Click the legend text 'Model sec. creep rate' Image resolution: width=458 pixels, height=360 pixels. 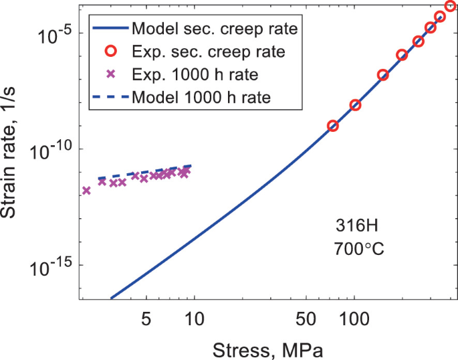point(215,29)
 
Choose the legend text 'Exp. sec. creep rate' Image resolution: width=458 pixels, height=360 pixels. point(209,52)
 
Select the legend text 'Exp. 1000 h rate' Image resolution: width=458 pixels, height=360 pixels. point(195,74)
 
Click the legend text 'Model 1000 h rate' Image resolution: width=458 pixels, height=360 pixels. point(201,97)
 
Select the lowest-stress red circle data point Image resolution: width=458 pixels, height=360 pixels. point(333,126)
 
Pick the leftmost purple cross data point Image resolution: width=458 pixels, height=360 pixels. point(86,191)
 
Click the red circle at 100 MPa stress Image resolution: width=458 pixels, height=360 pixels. point(355,105)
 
